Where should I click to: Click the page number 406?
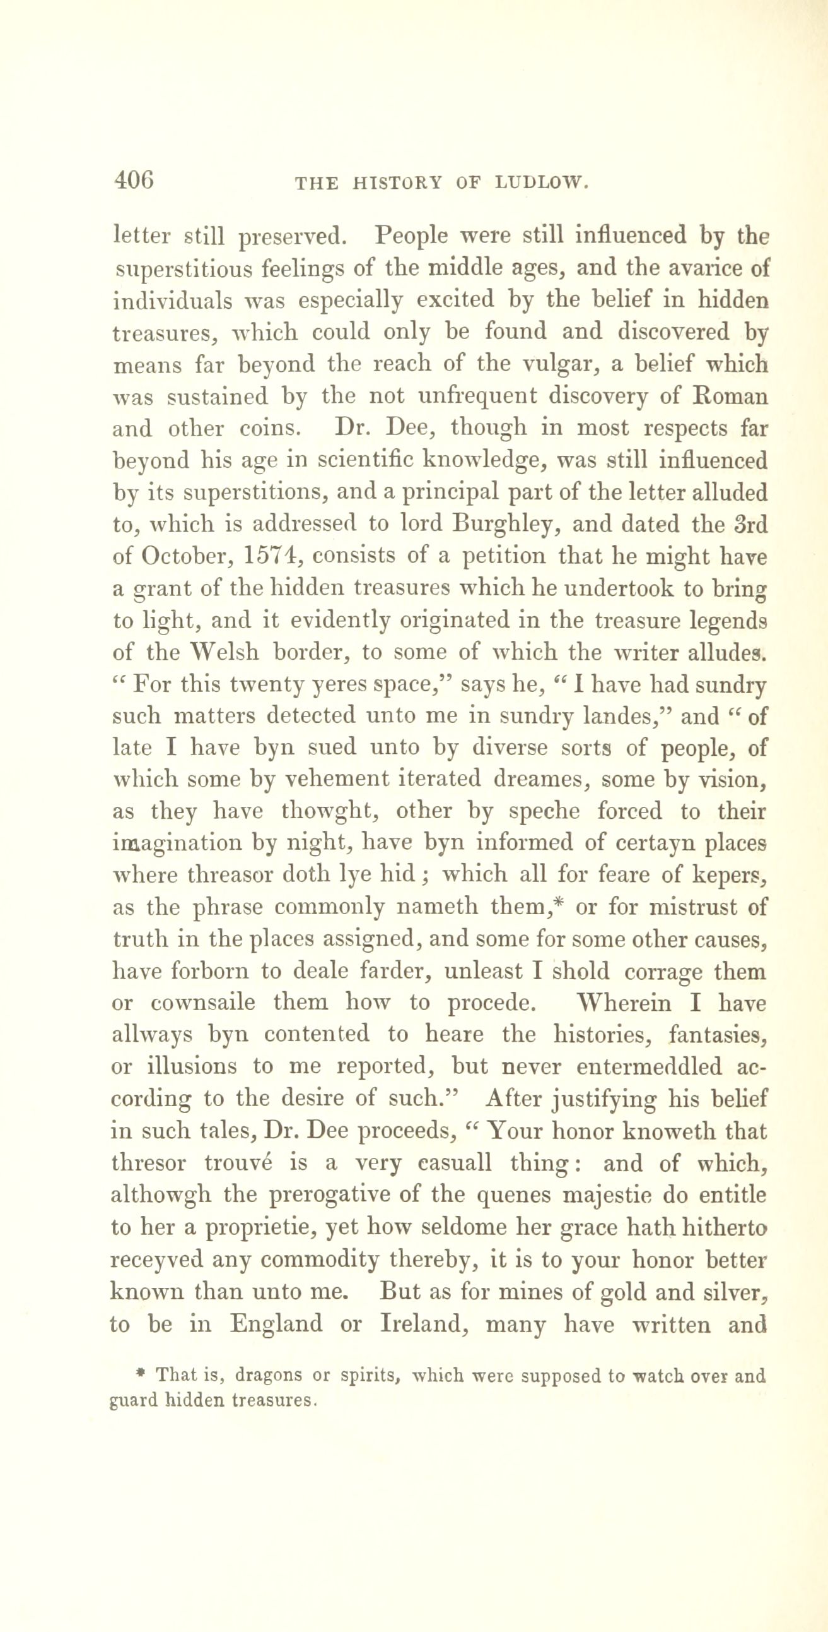[134, 181]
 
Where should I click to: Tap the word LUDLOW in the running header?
[542, 184]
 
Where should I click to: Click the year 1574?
[269, 556]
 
